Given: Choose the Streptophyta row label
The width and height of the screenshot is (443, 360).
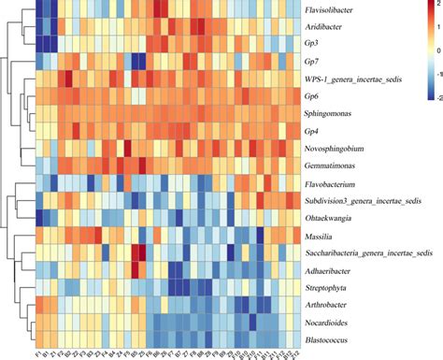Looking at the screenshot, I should (330, 287).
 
